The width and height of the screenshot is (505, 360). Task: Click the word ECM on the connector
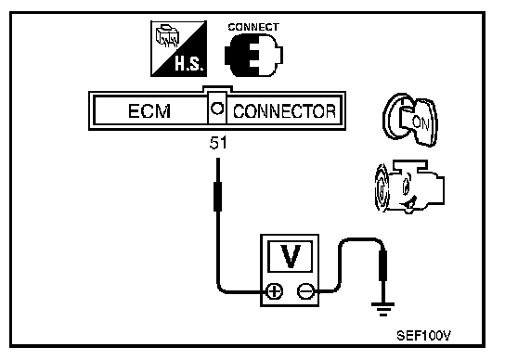pos(149,111)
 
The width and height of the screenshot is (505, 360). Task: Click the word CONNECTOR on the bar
pos(284,111)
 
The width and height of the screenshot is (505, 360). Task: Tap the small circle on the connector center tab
pos(217,109)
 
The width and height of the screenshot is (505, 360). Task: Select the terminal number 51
pos(218,143)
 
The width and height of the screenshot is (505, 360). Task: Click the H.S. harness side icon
pos(179,49)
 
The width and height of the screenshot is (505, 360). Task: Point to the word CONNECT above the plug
pos(253,27)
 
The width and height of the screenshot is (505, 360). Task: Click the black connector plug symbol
pos(253,56)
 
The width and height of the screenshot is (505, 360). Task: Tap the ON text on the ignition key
pos(421,123)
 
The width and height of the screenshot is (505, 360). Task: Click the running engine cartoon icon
pos(409,186)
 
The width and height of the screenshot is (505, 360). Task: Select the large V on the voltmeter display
pos(291,256)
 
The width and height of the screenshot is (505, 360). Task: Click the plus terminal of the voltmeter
pos(275,291)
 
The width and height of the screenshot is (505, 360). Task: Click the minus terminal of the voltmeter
pos(305,291)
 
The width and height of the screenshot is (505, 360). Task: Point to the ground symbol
pos(383,309)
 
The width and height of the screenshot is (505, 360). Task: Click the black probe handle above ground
pos(383,265)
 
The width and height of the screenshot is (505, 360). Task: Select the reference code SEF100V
pos(423,336)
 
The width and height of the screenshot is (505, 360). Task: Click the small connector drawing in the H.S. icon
pos(167,35)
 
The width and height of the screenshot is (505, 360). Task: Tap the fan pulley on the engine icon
pos(382,188)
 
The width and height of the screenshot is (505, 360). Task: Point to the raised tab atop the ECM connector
pos(217,88)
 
